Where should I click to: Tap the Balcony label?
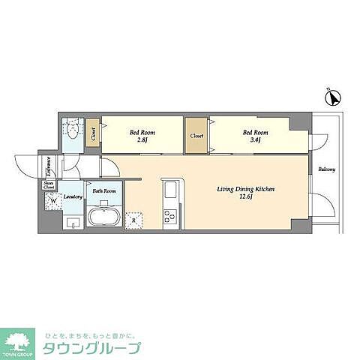pos(326,169)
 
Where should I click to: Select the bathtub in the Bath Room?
pos(103,218)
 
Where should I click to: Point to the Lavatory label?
pos(73,196)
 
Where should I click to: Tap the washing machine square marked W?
pos(52,200)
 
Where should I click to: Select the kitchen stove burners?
pos(169,216)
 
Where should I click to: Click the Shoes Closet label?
pos(49,184)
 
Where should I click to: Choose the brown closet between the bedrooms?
pos(196,136)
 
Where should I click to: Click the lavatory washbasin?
pos(72,221)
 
